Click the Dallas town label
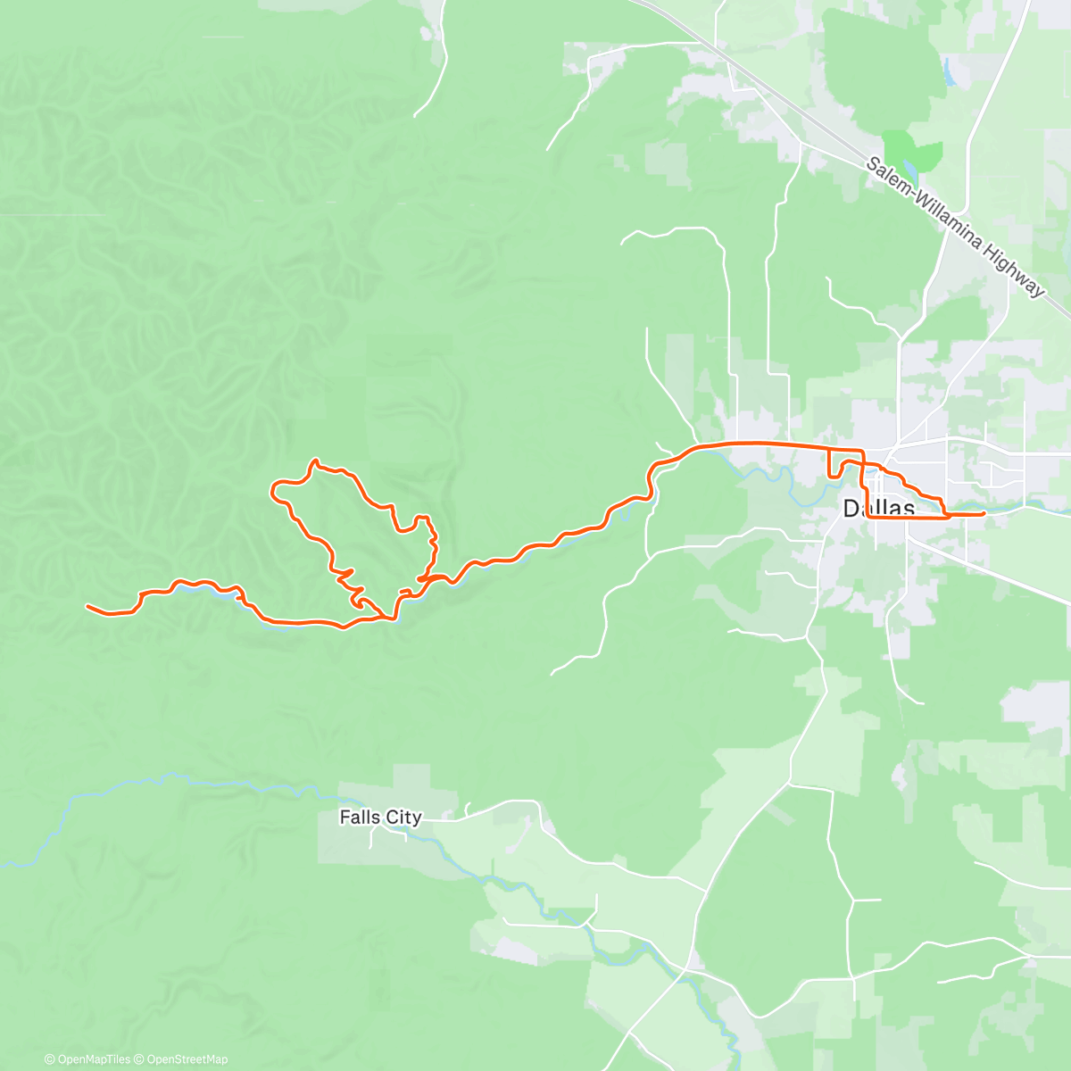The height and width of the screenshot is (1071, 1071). pos(879,509)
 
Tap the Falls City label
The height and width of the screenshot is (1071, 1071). pos(380,817)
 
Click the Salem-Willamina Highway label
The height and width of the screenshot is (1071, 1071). pos(955,228)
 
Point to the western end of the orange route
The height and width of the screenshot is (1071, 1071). pos(87,607)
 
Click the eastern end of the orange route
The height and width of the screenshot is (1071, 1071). pos(984,514)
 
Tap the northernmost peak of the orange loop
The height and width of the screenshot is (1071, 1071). pos(314,461)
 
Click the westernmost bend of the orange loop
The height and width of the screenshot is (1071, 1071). pos(273,487)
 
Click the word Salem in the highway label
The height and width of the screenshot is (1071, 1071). pos(888,178)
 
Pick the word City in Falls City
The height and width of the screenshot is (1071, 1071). pos(403,817)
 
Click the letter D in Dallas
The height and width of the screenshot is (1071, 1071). pos(851,509)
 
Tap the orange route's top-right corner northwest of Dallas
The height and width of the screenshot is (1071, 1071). pos(861,450)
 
